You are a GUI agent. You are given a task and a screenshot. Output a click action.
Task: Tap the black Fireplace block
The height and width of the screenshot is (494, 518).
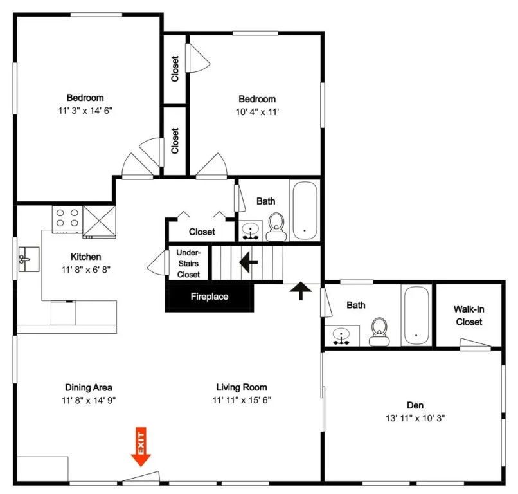click(210, 297)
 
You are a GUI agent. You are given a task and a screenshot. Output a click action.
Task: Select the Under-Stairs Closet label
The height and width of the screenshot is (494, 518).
click(188, 264)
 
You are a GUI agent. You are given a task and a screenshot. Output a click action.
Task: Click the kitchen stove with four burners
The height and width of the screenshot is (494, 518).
click(67, 218)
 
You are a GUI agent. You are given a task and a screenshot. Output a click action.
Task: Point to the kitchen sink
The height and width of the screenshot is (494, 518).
click(29, 259)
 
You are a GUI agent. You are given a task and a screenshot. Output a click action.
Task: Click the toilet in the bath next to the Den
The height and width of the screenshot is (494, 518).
click(379, 332)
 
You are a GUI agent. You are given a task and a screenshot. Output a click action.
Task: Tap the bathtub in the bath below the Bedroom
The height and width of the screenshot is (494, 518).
click(305, 210)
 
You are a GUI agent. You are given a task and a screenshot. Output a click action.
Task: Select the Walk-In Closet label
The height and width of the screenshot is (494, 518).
click(469, 315)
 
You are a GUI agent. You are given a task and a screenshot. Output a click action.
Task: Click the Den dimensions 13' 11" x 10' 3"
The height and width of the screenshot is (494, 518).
click(415, 418)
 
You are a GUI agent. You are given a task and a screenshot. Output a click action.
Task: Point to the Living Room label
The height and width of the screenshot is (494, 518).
click(242, 387)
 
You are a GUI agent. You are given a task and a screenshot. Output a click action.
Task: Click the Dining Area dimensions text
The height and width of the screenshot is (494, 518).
click(89, 401)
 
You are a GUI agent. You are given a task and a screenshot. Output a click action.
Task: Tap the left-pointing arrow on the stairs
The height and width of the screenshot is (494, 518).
click(249, 262)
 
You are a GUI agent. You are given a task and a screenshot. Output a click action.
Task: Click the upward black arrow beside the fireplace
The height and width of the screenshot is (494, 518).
click(301, 290)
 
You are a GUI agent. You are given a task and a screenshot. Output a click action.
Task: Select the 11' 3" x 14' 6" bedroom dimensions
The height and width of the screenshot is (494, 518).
click(85, 111)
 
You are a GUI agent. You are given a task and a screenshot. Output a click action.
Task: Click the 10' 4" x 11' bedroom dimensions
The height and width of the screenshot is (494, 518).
click(257, 112)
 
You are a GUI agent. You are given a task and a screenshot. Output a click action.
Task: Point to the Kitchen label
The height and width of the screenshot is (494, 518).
click(86, 257)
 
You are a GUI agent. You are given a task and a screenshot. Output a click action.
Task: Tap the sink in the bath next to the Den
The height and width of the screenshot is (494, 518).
click(341, 335)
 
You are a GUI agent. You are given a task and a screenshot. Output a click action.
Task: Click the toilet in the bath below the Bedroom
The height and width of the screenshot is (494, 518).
click(276, 227)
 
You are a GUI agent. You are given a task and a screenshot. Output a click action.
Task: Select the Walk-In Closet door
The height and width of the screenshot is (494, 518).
click(476, 344)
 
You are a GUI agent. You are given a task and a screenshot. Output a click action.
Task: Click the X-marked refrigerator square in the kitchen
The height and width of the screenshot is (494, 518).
click(99, 221)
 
